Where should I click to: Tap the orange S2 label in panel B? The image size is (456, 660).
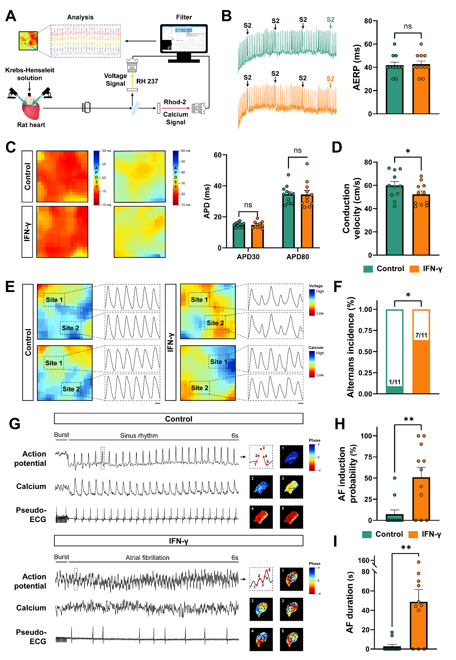(330, 79)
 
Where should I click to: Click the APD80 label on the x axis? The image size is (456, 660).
(298, 257)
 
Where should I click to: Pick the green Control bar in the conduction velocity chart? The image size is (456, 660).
(394, 220)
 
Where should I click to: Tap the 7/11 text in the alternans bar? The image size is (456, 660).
(421, 335)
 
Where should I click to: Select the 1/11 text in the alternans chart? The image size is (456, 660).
(394, 382)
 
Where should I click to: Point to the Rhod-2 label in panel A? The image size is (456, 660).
(175, 102)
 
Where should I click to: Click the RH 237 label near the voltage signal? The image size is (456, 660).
(147, 81)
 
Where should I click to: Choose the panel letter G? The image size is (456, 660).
(14, 424)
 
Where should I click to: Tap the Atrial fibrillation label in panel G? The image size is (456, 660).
(148, 558)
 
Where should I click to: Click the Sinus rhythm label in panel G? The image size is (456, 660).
(139, 436)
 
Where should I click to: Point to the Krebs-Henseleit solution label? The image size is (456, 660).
(30, 74)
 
